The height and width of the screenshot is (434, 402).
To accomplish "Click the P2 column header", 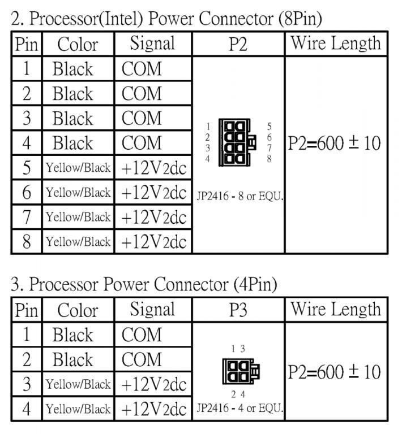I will (238, 44).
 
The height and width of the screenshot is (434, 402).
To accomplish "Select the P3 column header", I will (238, 310).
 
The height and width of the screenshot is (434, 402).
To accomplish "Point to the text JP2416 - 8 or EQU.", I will (240, 197).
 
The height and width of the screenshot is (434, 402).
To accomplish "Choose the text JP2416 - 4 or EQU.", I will (240, 407).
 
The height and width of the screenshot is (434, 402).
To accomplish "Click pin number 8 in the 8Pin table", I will (26, 242).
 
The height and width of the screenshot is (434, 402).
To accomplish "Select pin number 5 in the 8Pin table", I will (26, 168).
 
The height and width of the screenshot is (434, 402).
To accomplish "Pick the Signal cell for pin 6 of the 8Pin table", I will (153, 193).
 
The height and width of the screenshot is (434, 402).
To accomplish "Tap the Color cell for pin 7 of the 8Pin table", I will (78, 217).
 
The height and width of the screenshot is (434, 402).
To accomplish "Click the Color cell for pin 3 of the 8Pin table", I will (72, 119).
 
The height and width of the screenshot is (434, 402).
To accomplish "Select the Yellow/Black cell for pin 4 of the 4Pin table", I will (78, 409).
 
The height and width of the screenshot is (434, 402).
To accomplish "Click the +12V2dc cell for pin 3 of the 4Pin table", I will (153, 384).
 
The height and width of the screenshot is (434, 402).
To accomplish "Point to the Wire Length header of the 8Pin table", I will (335, 44).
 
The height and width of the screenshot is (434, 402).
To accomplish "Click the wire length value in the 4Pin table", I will (334, 372).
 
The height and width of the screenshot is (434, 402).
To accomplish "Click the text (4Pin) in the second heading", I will (254, 285).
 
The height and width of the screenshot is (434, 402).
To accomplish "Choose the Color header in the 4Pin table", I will (78, 310).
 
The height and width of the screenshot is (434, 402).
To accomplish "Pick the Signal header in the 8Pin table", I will (152, 44).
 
